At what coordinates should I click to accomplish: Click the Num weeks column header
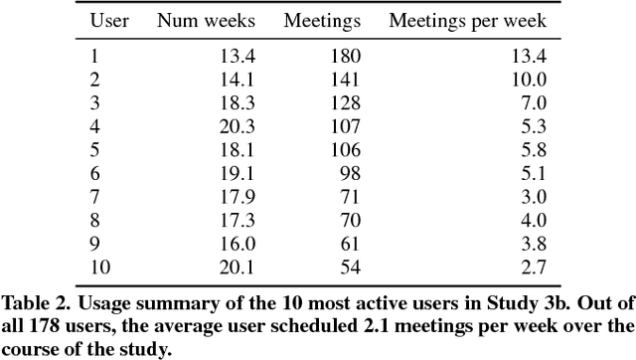(207, 20)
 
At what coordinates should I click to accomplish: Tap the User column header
(109, 20)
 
